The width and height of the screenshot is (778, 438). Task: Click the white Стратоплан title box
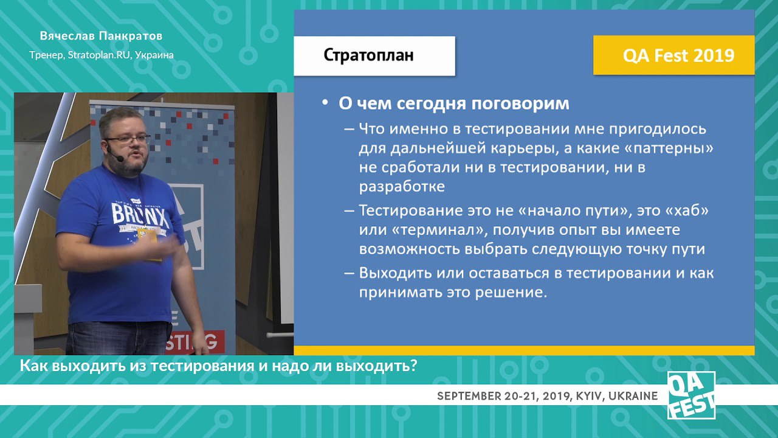click(374, 55)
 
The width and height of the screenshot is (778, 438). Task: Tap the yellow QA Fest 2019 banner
click(674, 55)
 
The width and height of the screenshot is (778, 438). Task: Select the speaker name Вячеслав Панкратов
click(101, 36)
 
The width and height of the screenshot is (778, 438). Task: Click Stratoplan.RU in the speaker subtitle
click(98, 55)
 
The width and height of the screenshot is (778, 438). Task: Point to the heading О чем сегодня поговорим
click(454, 103)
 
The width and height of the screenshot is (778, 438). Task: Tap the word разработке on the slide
click(402, 187)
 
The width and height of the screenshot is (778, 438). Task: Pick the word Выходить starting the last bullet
click(394, 273)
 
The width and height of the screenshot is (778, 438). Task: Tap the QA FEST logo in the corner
click(691, 395)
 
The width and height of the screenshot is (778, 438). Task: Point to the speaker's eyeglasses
click(128, 139)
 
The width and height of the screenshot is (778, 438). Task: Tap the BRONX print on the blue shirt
click(140, 215)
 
